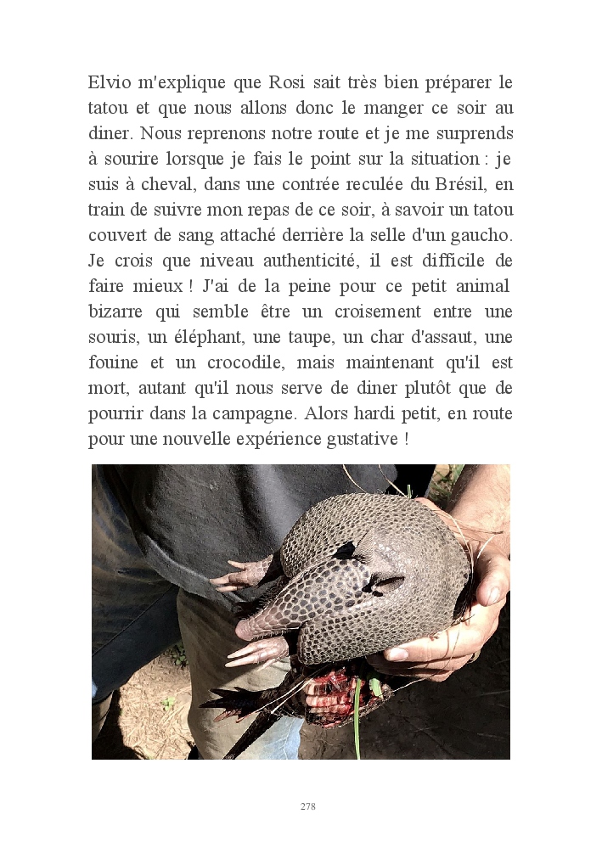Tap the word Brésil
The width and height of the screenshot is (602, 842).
coord(467,184)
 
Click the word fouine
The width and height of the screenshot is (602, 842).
coord(113,362)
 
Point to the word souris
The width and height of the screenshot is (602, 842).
coord(111,337)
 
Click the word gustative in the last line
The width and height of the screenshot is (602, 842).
coord(357,439)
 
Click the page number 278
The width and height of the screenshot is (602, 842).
coord(307,806)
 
